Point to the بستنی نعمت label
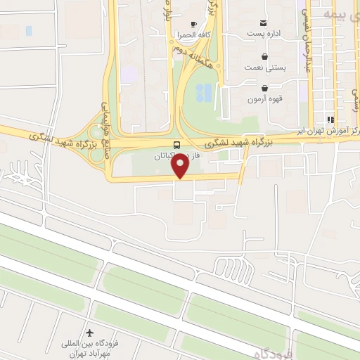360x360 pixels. [264, 67]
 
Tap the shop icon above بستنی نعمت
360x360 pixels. [264, 56]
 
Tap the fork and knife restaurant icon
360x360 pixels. [331, 120]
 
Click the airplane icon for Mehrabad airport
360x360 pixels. [89, 333]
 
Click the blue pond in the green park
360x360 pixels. [203, 92]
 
